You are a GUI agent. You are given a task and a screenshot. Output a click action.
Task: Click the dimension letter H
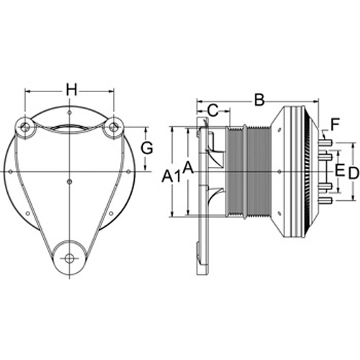[x=72, y=91]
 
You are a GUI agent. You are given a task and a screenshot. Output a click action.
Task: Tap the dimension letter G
[x=147, y=148]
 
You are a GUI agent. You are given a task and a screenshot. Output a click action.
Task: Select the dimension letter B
[x=259, y=99]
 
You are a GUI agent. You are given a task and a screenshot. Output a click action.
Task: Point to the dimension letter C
[x=213, y=111]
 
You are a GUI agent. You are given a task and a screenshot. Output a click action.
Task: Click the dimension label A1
[x=171, y=177]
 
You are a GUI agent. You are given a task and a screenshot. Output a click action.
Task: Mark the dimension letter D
[x=354, y=173]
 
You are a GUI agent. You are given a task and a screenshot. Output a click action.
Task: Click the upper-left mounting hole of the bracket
[x=24, y=127]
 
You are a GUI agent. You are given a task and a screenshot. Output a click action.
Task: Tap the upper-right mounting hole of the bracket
[x=114, y=126]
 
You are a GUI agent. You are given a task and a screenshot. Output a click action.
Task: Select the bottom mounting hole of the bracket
[x=69, y=258]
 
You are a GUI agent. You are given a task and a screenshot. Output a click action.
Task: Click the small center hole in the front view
[x=69, y=181]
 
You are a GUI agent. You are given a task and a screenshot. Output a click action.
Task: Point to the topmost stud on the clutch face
[x=325, y=143]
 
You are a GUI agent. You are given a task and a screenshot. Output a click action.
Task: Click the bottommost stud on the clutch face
[x=325, y=201]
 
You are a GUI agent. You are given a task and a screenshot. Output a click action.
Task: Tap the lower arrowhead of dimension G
[x=145, y=168]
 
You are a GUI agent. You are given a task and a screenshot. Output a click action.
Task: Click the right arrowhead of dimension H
[x=111, y=91]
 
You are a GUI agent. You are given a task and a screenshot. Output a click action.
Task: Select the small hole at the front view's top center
[x=69, y=112]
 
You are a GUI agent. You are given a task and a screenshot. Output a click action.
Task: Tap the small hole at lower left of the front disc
[x=27, y=213]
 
